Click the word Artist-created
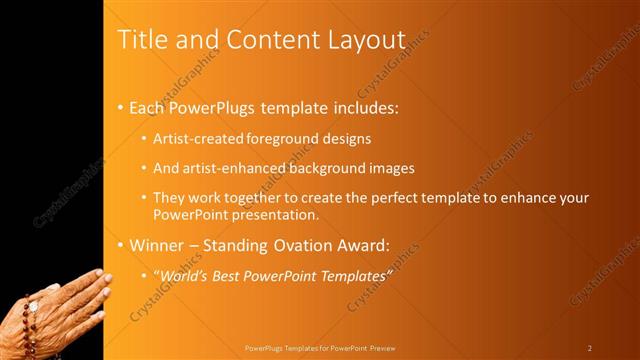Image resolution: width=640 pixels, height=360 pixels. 195,138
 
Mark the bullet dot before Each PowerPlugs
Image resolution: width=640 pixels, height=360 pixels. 121,106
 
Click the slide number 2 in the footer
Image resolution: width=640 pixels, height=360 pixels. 590,347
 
